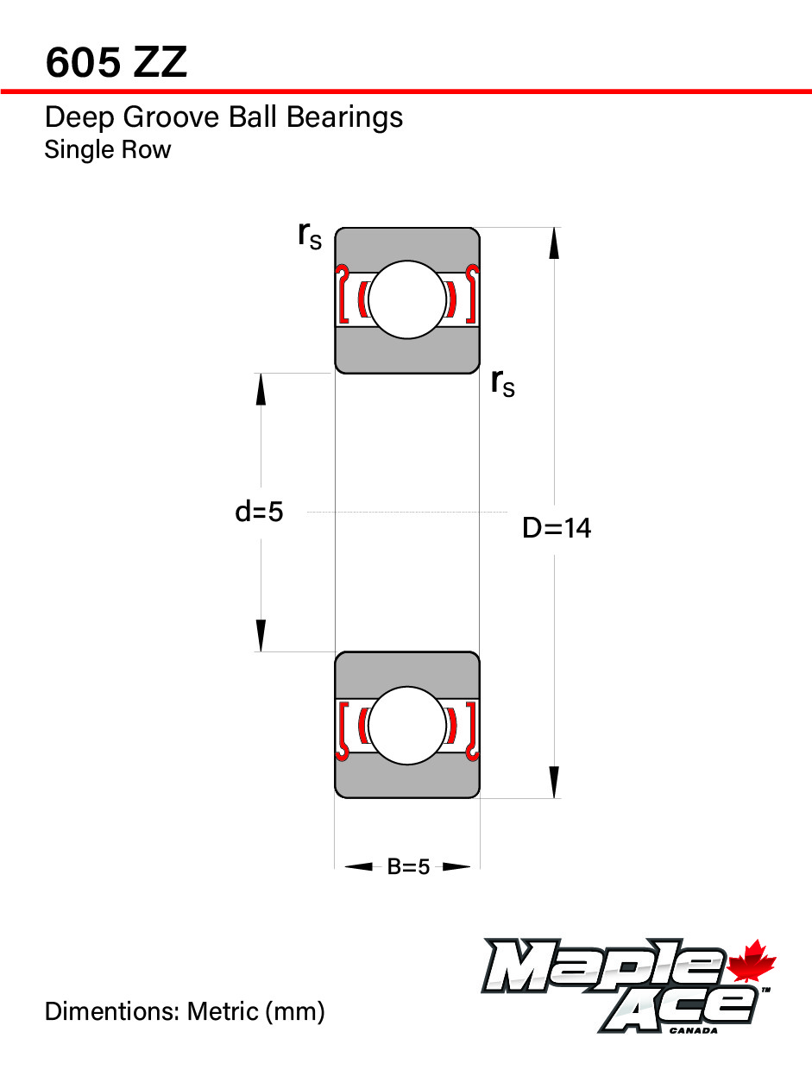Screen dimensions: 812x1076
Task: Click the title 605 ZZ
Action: click(x=116, y=62)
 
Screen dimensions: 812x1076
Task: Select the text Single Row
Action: click(x=108, y=149)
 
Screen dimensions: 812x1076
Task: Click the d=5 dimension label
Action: click(x=259, y=512)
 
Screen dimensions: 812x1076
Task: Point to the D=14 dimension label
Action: click(x=557, y=528)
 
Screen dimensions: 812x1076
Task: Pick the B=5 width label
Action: click(x=407, y=866)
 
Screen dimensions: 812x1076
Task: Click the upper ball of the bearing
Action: click(x=407, y=299)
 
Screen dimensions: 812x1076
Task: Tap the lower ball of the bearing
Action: click(x=407, y=726)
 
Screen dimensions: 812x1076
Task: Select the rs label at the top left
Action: click(x=310, y=236)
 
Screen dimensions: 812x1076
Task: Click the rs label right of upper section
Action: click(x=503, y=383)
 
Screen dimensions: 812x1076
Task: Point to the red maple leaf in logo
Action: click(x=750, y=960)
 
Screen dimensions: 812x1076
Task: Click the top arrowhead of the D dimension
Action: click(x=554, y=243)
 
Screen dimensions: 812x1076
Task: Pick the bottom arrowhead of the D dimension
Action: click(x=554, y=783)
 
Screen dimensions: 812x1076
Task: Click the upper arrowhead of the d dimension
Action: click(x=261, y=389)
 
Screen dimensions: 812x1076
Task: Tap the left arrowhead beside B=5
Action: click(x=359, y=866)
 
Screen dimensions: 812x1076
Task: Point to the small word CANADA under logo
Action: click(x=694, y=1030)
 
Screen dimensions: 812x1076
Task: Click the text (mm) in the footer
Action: click(x=294, y=1012)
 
